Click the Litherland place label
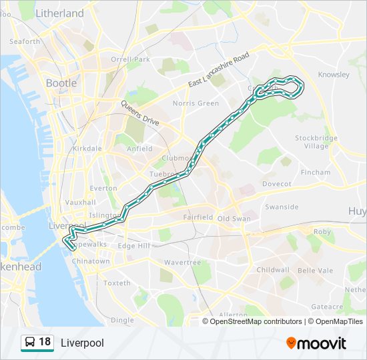click(59, 13)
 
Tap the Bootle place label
click(61, 83)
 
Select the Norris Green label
click(196, 103)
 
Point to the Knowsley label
click(334, 75)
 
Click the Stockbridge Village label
click(316, 142)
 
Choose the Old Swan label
click(233, 218)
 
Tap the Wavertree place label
click(182, 263)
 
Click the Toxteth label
click(117, 283)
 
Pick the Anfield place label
click(139, 149)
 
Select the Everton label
click(103, 189)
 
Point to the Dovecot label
click(277, 183)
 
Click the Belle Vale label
click(315, 271)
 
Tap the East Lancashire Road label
click(218, 69)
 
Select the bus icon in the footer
click(29, 343)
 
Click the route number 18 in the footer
click(45, 342)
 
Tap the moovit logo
click(316, 343)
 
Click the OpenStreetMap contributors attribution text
click(256, 321)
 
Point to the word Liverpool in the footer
click(82, 343)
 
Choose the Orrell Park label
click(130, 59)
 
